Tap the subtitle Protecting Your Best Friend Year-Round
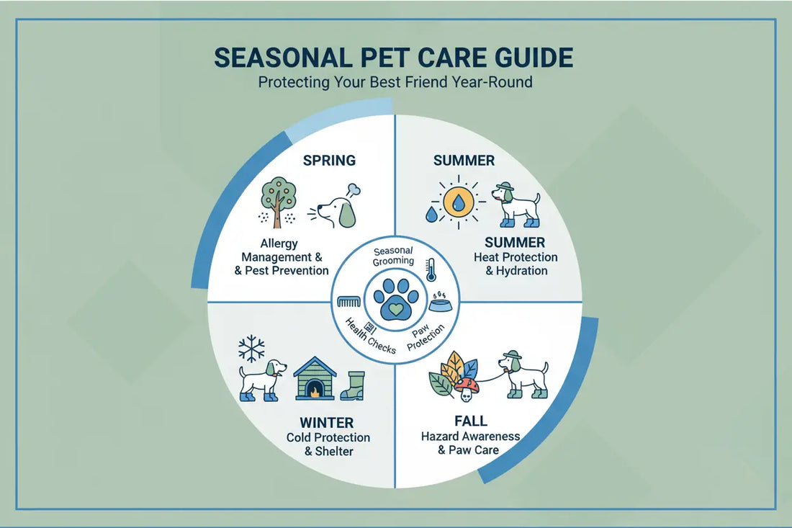point(395,82)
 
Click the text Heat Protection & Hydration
point(516,264)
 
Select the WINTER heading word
point(328,421)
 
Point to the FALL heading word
point(471,421)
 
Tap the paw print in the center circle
point(395,297)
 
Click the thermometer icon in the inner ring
point(431,269)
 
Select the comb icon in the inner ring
point(349,301)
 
